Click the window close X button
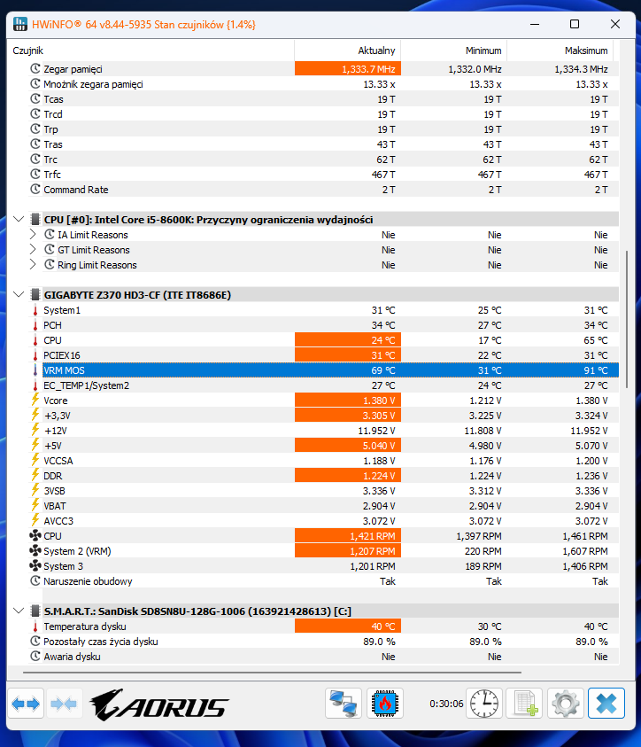click(614, 24)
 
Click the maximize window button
click(575, 24)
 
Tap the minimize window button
click(535, 24)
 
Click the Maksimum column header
click(586, 51)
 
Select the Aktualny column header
click(376, 51)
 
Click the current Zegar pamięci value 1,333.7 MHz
click(368, 69)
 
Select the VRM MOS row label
click(64, 370)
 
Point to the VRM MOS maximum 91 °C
click(596, 370)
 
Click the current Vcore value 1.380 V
click(379, 401)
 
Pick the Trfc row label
click(52, 175)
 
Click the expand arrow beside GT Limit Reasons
click(33, 250)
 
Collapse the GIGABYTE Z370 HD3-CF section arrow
click(19, 294)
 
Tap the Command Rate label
click(75, 190)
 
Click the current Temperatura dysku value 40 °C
click(383, 626)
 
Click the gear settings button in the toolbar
click(565, 704)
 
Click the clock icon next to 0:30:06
click(484, 704)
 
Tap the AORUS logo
click(159, 704)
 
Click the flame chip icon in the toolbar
click(385, 704)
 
